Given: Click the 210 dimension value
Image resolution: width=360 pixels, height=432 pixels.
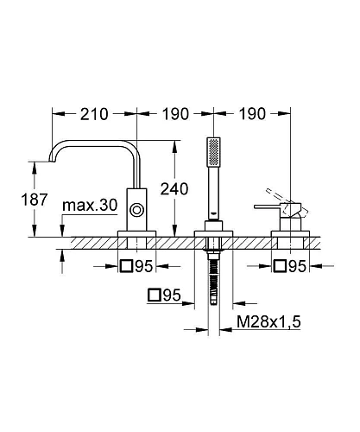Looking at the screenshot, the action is tap(94, 114).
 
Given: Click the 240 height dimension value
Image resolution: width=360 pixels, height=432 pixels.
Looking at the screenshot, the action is tap(174, 189).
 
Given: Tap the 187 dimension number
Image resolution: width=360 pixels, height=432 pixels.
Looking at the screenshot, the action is tap(35, 200).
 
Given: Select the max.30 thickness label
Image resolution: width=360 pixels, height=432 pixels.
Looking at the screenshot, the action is tap(90, 206).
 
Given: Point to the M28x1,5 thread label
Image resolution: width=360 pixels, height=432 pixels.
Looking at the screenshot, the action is tap(268, 321).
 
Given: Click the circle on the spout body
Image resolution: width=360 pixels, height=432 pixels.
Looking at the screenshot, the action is tap(136, 210).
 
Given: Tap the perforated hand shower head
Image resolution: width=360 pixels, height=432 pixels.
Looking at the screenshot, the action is tap(214, 152).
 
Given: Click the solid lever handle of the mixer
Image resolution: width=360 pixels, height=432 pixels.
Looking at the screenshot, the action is tap(267, 206).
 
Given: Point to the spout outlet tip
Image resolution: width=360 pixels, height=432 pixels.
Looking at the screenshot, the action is tap(52, 161).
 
